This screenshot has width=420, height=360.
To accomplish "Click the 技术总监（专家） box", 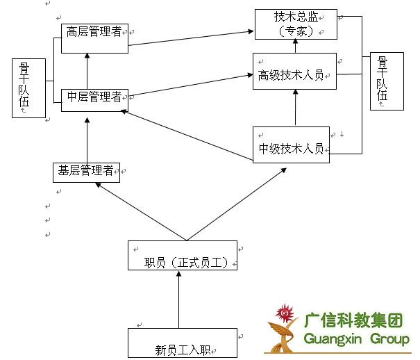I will (296, 24).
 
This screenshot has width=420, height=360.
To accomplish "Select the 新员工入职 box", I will (183, 343).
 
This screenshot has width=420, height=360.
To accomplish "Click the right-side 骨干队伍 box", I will (387, 81).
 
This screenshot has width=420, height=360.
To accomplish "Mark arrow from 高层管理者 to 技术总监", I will (190, 39).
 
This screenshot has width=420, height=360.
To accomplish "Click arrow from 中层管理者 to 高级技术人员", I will (190, 85).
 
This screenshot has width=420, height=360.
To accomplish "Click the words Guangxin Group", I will (357, 340).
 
